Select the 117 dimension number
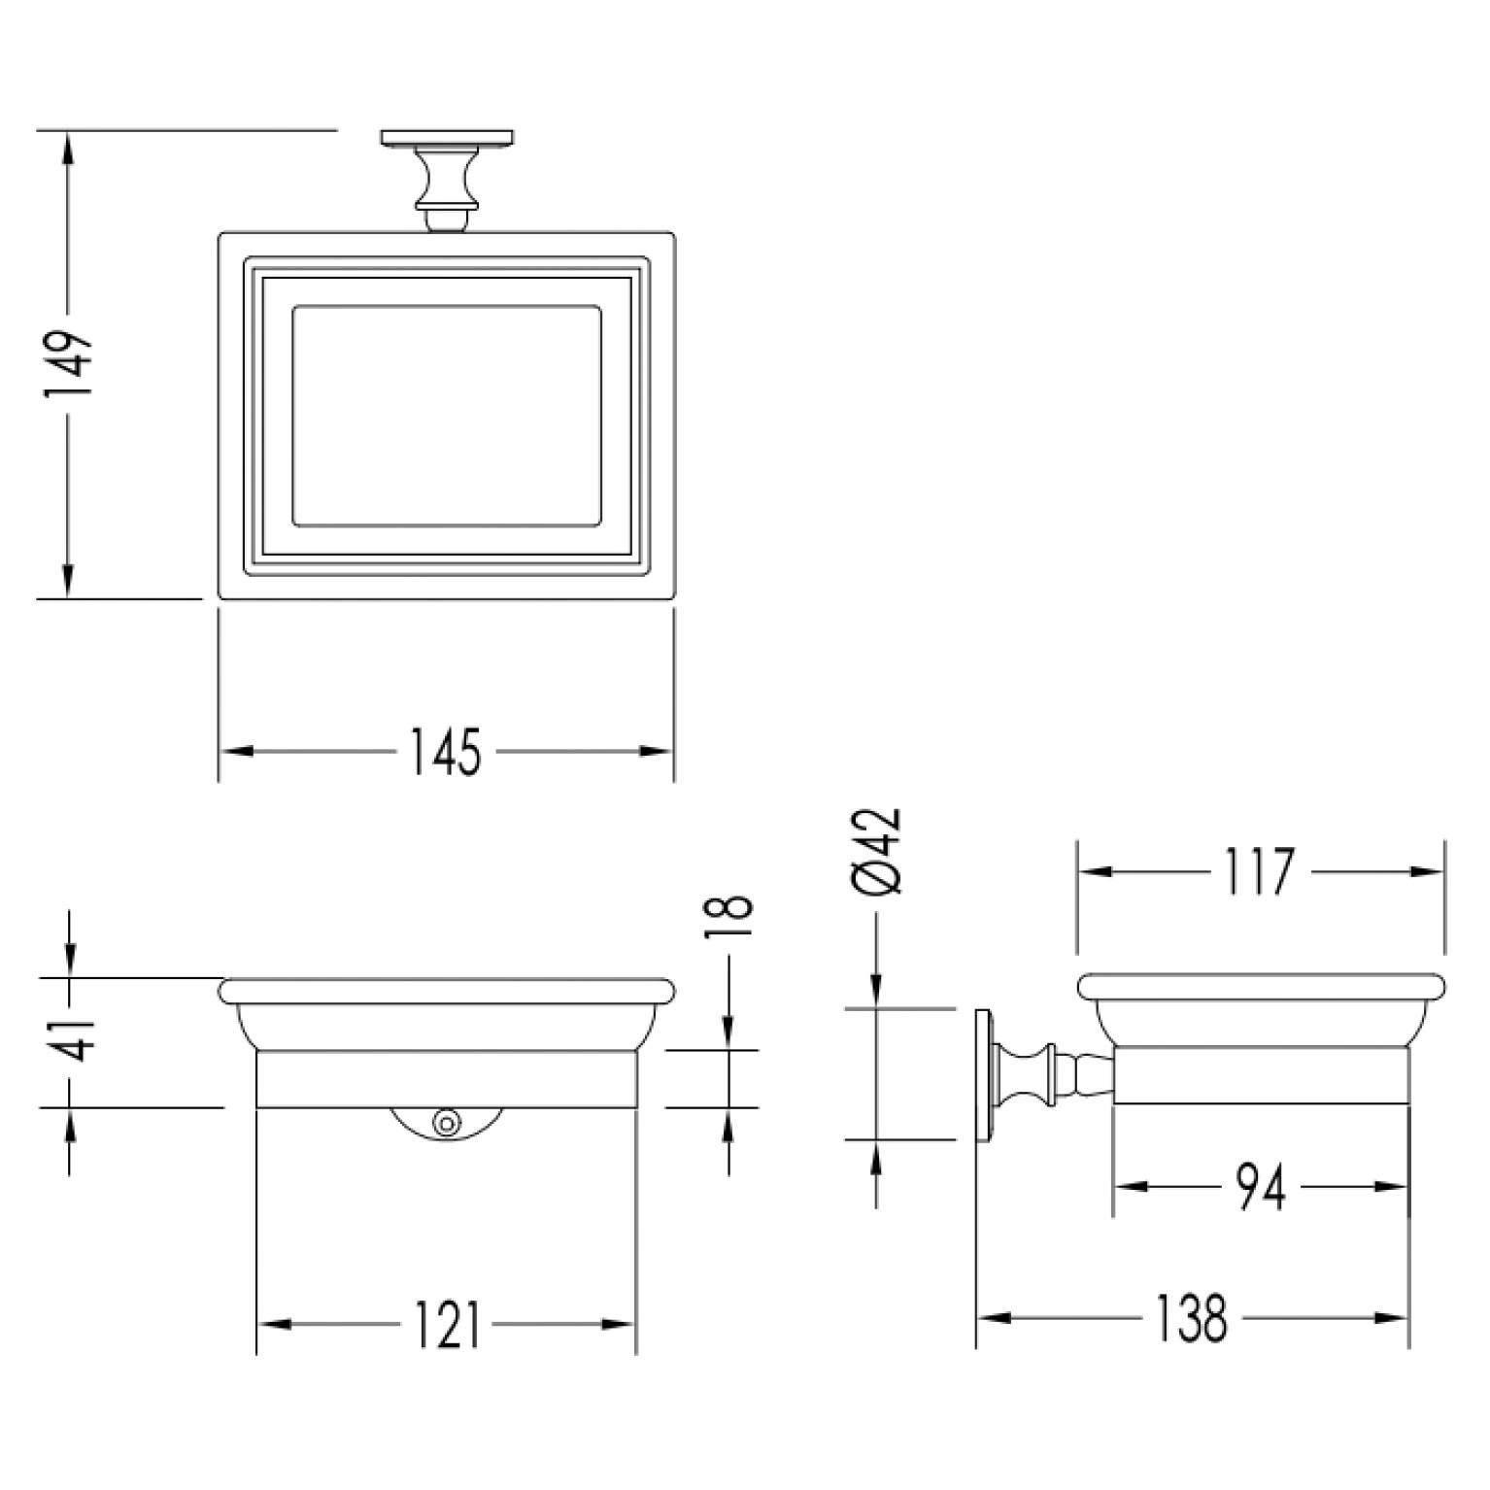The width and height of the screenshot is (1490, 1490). click(x=1258, y=871)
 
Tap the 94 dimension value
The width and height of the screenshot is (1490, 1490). click(x=1261, y=1187)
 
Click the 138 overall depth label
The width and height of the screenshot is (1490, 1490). click(x=1192, y=1318)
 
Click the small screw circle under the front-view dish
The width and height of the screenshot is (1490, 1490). click(x=447, y=1121)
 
